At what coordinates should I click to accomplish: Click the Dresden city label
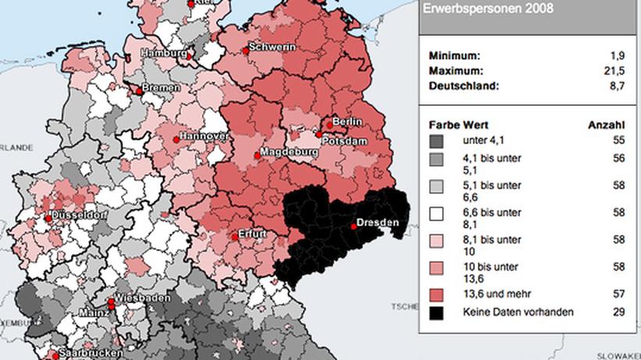379,223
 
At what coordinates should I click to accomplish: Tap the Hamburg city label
163,53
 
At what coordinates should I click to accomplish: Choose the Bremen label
160,88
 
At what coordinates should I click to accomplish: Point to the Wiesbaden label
140,300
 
